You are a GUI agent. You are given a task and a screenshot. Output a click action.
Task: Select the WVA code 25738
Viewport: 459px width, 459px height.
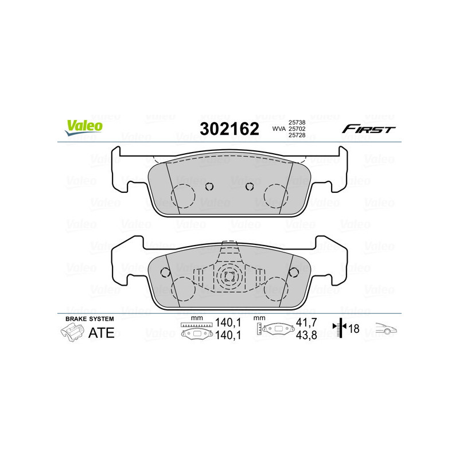[x=296, y=122]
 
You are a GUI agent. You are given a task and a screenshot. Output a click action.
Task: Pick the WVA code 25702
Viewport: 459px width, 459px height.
[x=296, y=129]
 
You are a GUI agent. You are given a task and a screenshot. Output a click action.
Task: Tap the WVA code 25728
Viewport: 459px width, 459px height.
[x=296, y=136]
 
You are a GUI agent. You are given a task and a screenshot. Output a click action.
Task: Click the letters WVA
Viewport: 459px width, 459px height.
[x=278, y=129]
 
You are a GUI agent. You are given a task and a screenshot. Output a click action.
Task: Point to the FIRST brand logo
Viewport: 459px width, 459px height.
[x=368, y=129]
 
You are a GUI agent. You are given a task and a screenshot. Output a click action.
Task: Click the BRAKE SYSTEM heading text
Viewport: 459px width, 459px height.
[x=90, y=318]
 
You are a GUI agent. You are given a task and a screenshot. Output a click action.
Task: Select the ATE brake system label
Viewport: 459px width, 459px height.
[x=102, y=332]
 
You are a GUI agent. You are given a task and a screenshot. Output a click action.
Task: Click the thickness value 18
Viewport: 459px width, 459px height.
[x=355, y=329]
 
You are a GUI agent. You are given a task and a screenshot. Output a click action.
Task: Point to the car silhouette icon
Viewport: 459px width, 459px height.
[x=386, y=329]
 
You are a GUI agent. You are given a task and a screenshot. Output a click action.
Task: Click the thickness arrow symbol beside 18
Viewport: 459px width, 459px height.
[x=341, y=329]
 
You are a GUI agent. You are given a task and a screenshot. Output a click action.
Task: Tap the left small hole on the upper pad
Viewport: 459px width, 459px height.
[x=209, y=186]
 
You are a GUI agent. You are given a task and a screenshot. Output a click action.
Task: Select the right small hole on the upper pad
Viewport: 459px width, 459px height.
[x=249, y=186]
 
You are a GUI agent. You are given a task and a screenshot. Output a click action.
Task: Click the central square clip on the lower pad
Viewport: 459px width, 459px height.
[x=229, y=275]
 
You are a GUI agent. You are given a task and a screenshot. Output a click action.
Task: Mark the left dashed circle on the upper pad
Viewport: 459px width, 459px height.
[x=184, y=196]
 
